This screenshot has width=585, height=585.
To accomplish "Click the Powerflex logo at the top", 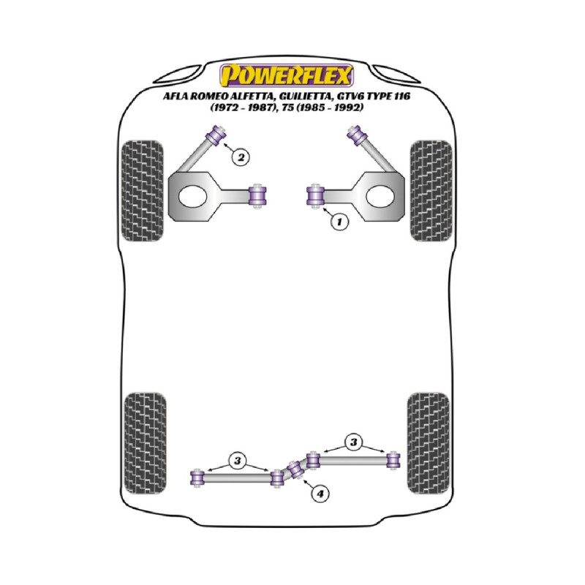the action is (286, 75).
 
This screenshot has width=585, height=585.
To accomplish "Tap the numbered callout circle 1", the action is (339, 222).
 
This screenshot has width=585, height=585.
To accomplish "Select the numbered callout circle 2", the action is (241, 157).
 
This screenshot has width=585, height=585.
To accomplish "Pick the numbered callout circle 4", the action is (320, 494).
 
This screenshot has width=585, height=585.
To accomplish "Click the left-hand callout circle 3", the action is (238, 461).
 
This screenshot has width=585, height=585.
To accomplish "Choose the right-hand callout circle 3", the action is (353, 442).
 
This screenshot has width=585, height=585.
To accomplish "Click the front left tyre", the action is (143, 191).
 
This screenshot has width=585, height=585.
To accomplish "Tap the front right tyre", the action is (431, 191).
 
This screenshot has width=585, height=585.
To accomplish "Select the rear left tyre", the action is (145, 443).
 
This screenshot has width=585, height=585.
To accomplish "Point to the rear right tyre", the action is (429, 443).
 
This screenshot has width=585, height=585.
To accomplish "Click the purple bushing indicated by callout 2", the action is (216, 135).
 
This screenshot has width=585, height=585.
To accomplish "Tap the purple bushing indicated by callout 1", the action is (316, 196).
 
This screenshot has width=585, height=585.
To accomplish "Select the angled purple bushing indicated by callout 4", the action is (295, 469).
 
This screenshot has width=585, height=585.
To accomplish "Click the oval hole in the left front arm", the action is (192, 196).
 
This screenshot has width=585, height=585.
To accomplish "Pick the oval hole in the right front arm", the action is (380, 196).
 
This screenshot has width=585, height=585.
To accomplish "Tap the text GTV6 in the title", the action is (350, 97).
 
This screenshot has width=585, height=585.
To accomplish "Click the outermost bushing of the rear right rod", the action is (393, 461).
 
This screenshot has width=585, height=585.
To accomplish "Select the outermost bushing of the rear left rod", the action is (197, 478).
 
